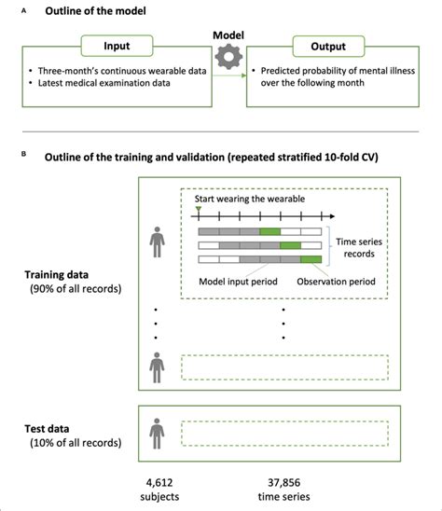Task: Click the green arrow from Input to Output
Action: pyautogui.click(x=227, y=76)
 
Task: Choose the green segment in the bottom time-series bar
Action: pyautogui.click(x=311, y=258)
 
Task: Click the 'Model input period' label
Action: pyautogui.click(x=238, y=280)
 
